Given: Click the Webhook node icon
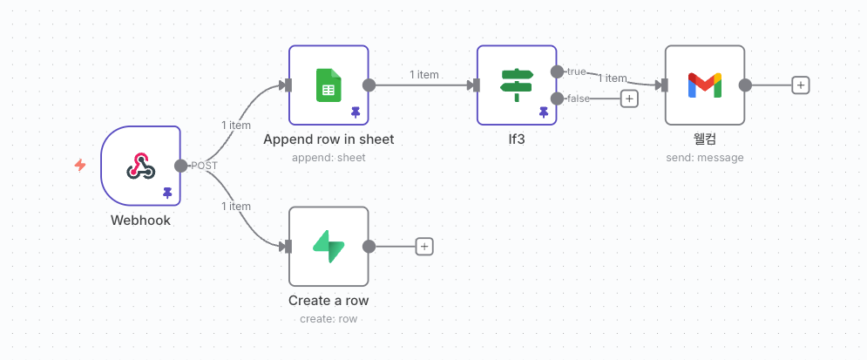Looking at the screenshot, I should click(140, 165).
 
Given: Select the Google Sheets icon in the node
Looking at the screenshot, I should click(329, 85).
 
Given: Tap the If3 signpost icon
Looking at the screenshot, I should click(517, 85).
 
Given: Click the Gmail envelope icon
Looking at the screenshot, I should click(704, 85).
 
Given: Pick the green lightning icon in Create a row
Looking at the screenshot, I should click(329, 246).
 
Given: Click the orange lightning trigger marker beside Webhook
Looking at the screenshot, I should click(80, 165).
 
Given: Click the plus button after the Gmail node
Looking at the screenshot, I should click(801, 85).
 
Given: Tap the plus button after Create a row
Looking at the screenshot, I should click(424, 246).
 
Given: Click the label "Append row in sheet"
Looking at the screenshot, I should click(329, 139).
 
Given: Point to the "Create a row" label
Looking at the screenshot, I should click(329, 301).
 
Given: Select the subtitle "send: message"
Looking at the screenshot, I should click(704, 158).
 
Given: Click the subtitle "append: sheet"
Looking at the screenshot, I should click(329, 158).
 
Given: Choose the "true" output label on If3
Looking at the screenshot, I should click(576, 71).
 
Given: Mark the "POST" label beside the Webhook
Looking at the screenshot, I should click(205, 166).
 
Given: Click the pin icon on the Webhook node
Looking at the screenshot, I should click(167, 193).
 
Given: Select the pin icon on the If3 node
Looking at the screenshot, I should click(544, 112).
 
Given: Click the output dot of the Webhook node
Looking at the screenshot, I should click(180, 166).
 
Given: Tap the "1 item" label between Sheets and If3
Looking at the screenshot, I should click(424, 75).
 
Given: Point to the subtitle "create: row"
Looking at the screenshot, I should click(329, 319).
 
